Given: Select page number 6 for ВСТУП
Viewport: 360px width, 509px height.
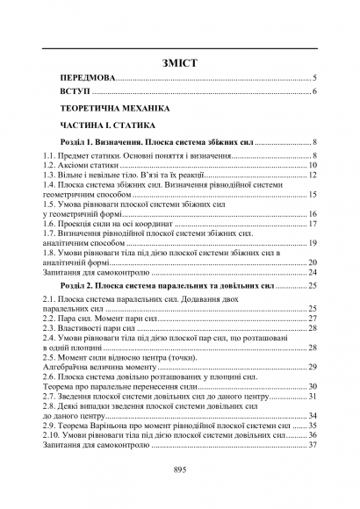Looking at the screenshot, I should (313, 92).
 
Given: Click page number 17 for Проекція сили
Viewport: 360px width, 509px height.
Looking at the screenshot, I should (312, 224).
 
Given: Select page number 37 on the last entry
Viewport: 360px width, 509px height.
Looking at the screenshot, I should (312, 445).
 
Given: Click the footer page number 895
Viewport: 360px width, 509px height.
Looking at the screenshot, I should (180, 470).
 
